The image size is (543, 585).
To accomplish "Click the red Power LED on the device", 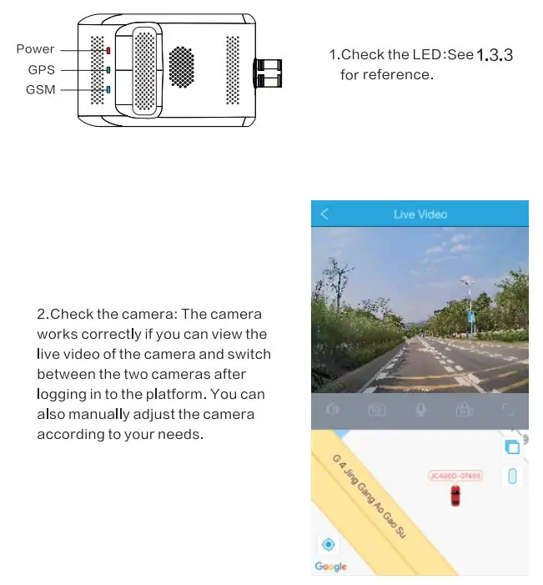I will tap(107, 50).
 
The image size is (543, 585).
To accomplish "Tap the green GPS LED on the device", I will tap(107, 69).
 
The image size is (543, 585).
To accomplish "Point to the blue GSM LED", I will tap(107, 89).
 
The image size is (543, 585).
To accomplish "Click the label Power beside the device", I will tap(35, 49).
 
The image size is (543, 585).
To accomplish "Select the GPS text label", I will tap(41, 70).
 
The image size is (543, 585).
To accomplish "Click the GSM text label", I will tap(40, 90).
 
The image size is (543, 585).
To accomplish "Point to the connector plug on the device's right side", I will tap(270, 73).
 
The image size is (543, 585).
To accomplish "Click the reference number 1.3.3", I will tap(494, 55).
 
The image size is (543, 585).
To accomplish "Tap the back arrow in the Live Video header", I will tap(324, 214).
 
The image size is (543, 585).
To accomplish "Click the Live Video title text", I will tap(420, 214).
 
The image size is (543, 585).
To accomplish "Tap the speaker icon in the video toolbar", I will tap(333, 410).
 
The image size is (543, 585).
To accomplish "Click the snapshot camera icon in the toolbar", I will tap(377, 410).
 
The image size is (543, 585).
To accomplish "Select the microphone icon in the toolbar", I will tap(421, 409).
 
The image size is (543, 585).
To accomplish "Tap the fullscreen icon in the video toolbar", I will tap(507, 410).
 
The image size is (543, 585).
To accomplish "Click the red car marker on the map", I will tap(455, 496).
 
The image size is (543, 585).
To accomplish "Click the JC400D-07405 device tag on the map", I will tap(455, 476).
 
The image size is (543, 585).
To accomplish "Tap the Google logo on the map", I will tap(330, 567).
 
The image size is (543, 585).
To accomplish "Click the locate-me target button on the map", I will tap(329, 545).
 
